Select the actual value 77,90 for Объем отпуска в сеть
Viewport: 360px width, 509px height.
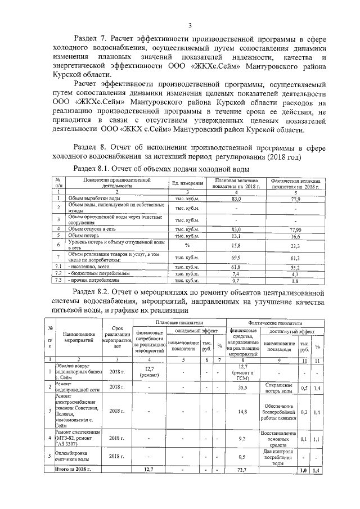pyautogui.click(x=295, y=229)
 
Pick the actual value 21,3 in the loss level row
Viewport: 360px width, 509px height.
pyautogui.click(x=295, y=245)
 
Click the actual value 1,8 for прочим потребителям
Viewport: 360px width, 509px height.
pyautogui.click(x=295, y=280)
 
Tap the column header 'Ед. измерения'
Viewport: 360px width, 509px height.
pyautogui.click(x=187, y=183)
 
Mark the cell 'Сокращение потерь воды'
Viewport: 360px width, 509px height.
pyautogui.click(x=279, y=387)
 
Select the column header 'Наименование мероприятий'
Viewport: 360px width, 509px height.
pyautogui.click(x=78, y=341)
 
